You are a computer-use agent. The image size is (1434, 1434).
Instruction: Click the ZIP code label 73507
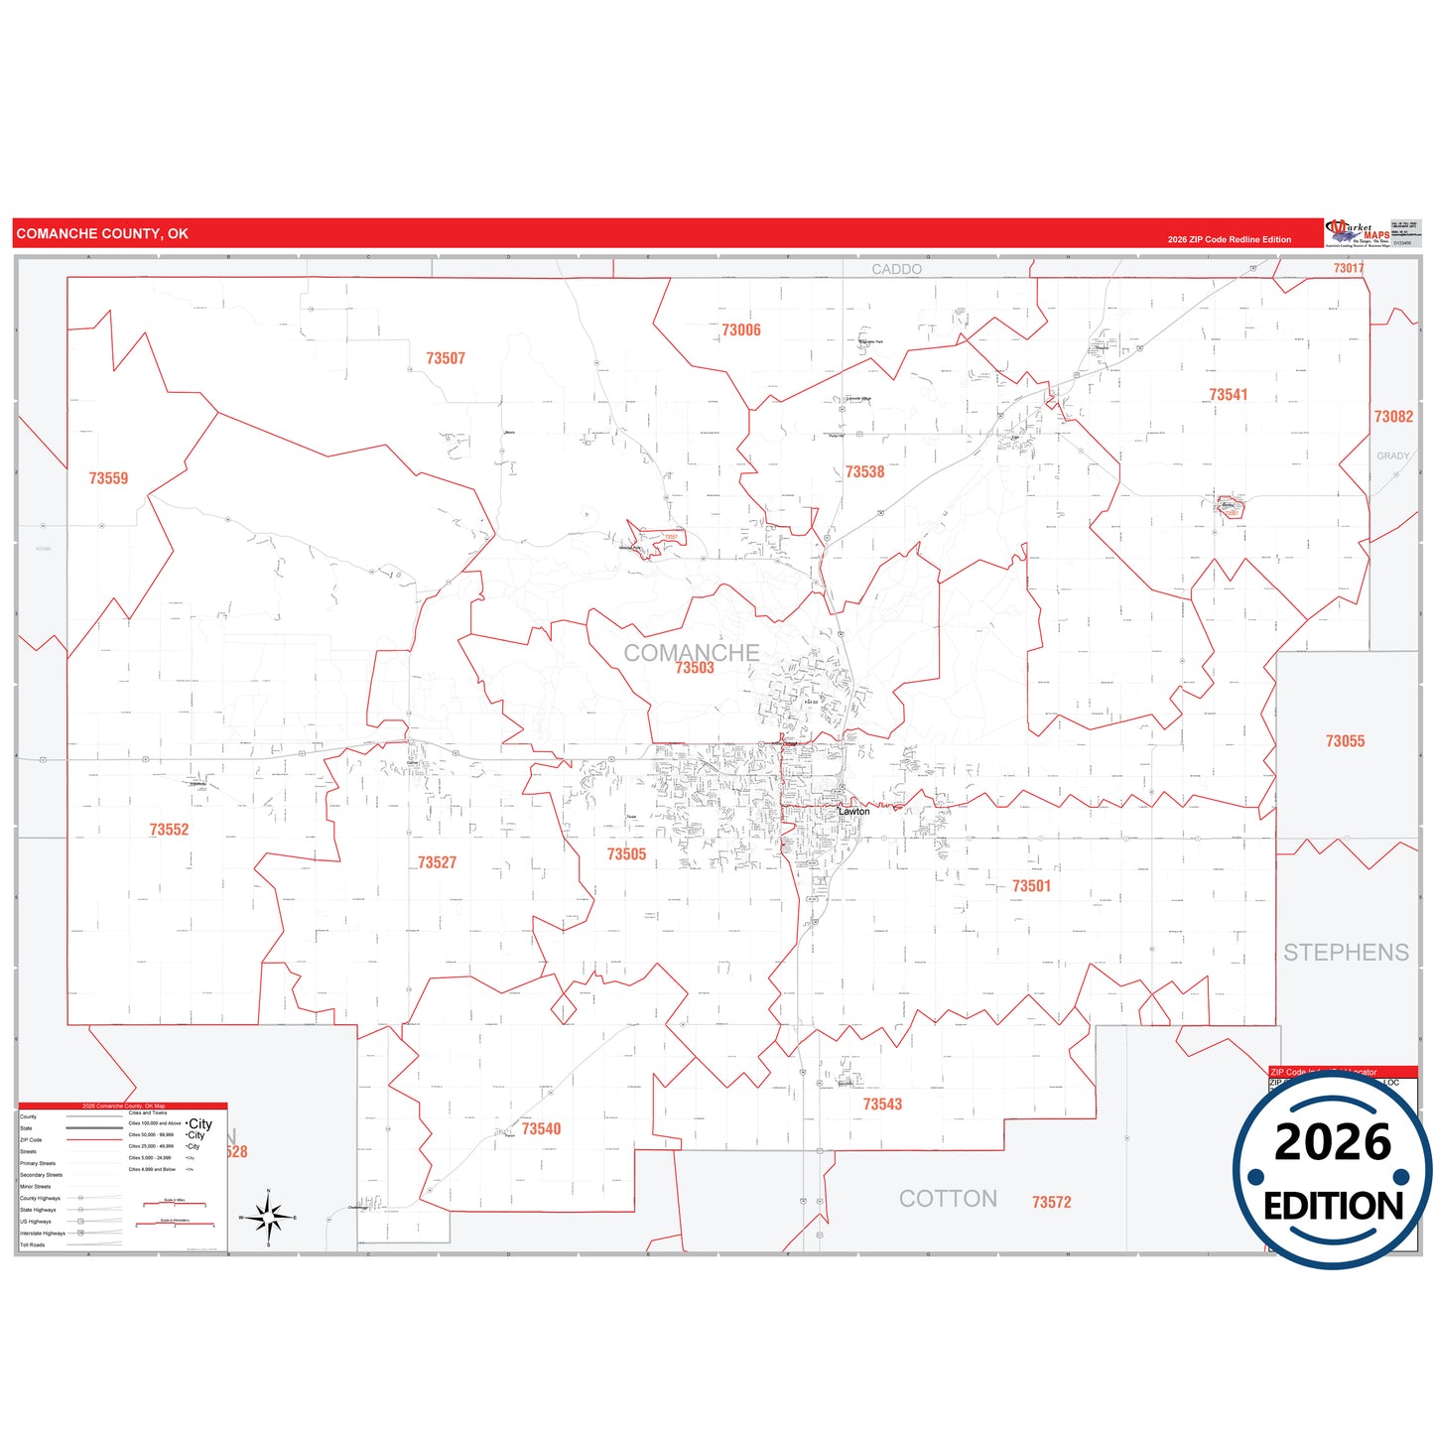pos(446,358)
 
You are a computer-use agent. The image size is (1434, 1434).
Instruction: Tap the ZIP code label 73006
pos(741,330)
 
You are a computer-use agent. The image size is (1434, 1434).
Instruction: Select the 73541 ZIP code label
pos(1228,395)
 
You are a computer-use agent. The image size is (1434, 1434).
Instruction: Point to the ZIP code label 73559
pos(108,478)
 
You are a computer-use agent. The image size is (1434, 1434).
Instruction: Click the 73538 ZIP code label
pos(864,472)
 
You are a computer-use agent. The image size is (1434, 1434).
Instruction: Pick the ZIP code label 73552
pos(169,830)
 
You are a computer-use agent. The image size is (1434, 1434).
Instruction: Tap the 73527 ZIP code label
pos(437,863)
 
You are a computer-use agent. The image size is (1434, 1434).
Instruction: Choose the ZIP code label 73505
pos(626,854)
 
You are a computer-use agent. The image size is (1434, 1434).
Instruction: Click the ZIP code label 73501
pos(1031,886)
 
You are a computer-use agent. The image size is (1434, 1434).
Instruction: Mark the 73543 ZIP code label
pos(882,1105)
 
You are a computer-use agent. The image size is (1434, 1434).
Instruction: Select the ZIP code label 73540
pos(541,1129)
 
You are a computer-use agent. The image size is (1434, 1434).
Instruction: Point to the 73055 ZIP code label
pos(1345,741)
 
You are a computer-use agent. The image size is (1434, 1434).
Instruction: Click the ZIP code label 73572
pos(1051,1203)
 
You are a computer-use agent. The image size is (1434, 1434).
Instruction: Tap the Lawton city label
pos(853,812)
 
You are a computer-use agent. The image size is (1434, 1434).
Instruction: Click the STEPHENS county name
pos(1346,953)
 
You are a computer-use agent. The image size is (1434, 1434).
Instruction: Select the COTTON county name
pos(948,1199)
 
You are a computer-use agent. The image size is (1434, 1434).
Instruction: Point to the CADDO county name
pos(896,270)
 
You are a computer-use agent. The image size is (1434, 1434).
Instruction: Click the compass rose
pos(268,1217)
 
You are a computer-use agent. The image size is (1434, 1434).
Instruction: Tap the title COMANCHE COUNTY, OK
pos(102,234)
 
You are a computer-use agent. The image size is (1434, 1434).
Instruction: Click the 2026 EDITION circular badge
pos(1332,1170)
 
